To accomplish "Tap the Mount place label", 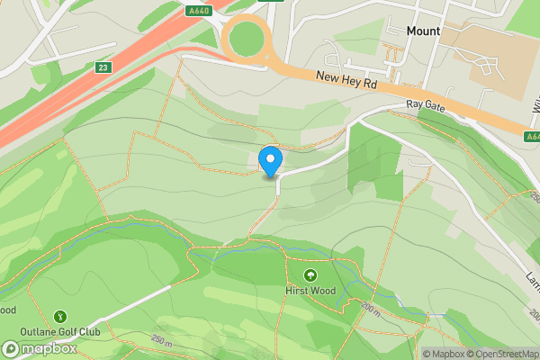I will point(423,31).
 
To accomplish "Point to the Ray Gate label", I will point(426,105).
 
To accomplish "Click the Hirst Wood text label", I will point(310,291).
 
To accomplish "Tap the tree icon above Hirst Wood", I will point(310,274).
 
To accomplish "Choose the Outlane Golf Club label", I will point(61,331).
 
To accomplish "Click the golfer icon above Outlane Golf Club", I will point(60,316).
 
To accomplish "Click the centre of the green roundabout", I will point(247,39).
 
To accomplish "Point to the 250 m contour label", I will point(162,339).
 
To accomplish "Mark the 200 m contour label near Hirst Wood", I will point(371,308).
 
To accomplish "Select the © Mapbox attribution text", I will point(443,354).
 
